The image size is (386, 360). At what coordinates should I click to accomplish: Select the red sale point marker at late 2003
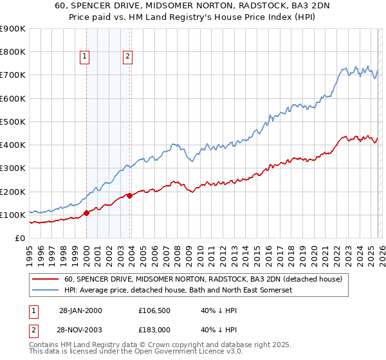pos(130,195)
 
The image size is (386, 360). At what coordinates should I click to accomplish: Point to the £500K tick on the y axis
pos(14,122)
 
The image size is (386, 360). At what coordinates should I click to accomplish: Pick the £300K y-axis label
pos(14,168)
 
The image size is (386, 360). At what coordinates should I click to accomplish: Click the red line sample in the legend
pos(46,279)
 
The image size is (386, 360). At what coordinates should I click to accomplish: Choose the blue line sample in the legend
pos(46,290)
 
